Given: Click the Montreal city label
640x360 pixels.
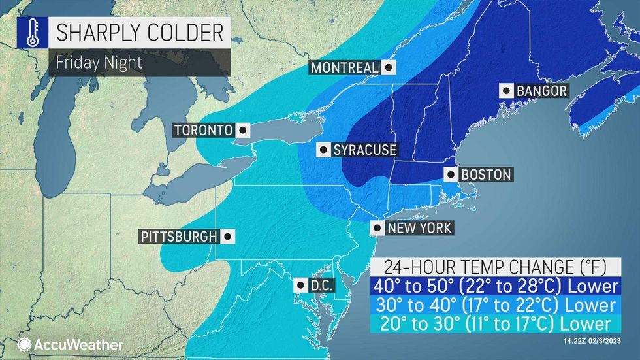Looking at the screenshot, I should click(344, 67).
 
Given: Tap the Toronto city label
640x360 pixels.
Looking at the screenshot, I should click(203, 130).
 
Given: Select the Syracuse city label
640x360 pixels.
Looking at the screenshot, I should click(364, 150).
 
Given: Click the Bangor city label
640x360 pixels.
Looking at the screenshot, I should click(541, 91).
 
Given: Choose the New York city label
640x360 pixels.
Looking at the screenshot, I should click(419, 228).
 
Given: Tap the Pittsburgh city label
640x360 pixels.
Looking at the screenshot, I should click(177, 237).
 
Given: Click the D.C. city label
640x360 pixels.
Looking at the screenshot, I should click(318, 285).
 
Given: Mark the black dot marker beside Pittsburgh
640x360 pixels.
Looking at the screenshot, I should click(227, 237).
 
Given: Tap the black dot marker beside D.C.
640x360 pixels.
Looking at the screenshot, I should click(299, 285).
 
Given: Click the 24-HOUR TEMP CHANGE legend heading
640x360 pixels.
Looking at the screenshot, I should click(494, 267).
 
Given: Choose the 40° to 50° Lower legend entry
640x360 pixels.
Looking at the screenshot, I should click(494, 286).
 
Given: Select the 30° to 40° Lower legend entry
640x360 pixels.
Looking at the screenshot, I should click(494, 305).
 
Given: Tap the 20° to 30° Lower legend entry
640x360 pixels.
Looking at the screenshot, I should click(494, 323).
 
